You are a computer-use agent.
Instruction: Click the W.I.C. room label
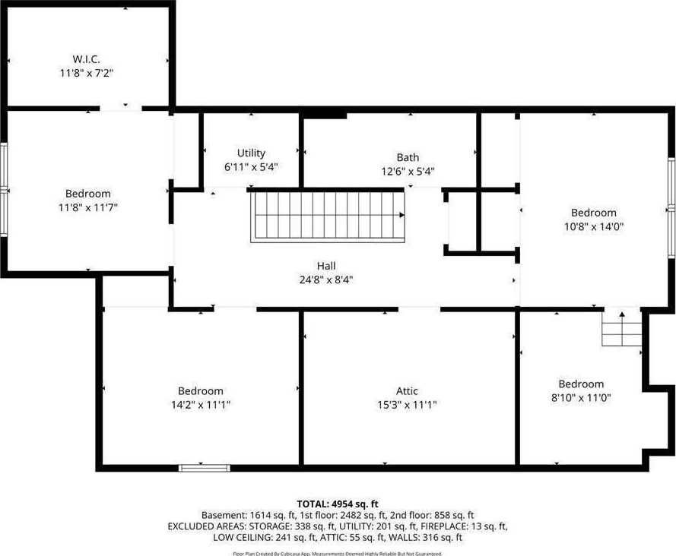click(x=86, y=59)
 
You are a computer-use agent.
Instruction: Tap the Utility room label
click(x=251, y=153)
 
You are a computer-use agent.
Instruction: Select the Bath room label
click(x=408, y=157)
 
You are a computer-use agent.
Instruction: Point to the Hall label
click(x=326, y=266)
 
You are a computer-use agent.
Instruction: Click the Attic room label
click(x=407, y=391)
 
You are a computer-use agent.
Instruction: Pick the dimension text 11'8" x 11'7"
click(x=88, y=207)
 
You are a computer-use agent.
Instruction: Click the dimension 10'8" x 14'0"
click(x=594, y=226)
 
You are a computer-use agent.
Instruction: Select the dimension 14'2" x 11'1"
click(x=201, y=405)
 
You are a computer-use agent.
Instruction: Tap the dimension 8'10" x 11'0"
click(x=581, y=398)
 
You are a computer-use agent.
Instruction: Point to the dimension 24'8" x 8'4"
click(x=326, y=280)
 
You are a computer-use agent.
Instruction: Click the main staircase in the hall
click(x=328, y=216)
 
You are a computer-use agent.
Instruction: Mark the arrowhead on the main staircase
click(x=401, y=215)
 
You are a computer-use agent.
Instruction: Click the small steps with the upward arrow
click(x=622, y=329)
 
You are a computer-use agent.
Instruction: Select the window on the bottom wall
click(x=205, y=468)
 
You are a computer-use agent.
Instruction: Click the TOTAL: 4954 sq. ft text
click(x=338, y=504)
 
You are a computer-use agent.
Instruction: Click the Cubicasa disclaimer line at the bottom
click(x=338, y=554)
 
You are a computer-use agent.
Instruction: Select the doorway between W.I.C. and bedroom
click(x=121, y=108)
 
